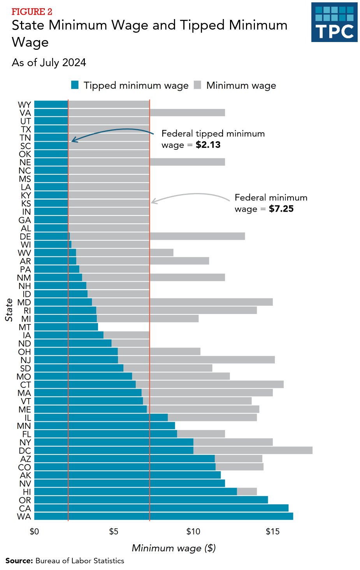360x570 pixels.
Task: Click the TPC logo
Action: tap(334, 22)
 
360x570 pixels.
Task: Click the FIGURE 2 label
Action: tap(32, 12)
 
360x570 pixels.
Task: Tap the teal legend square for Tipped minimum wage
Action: tap(75, 85)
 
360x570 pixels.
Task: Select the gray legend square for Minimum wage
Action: tap(198, 85)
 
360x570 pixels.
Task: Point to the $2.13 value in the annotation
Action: tap(208, 145)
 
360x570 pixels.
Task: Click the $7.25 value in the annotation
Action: tap(281, 209)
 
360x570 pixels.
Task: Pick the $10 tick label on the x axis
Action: tap(193, 531)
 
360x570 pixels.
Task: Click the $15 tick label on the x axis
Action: tap(272, 531)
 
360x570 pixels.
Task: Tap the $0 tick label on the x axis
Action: tap(34, 531)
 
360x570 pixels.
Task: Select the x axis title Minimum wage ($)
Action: tap(174, 548)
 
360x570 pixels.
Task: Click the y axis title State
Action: tap(9, 310)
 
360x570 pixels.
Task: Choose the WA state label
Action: tap(24, 517)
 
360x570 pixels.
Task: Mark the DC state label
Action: tap(25, 451)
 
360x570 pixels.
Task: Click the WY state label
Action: tap(25, 105)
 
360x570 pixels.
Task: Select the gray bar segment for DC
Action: tap(253, 450)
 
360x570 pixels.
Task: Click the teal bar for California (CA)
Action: tap(161, 508)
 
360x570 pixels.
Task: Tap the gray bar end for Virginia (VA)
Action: tap(222, 112)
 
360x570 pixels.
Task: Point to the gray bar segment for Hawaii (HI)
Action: tap(247, 491)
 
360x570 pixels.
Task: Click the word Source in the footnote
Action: tap(19, 561)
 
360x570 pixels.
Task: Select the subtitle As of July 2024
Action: tap(49, 63)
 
